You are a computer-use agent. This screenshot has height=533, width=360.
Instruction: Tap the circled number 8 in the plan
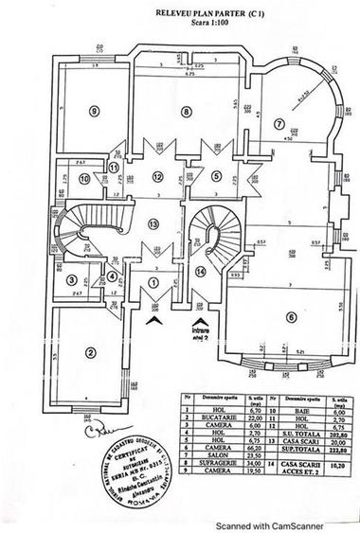pos(187,112)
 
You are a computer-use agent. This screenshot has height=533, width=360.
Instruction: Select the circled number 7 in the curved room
pos(279,123)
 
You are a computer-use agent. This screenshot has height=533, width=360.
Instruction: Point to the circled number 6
pos(290,317)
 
